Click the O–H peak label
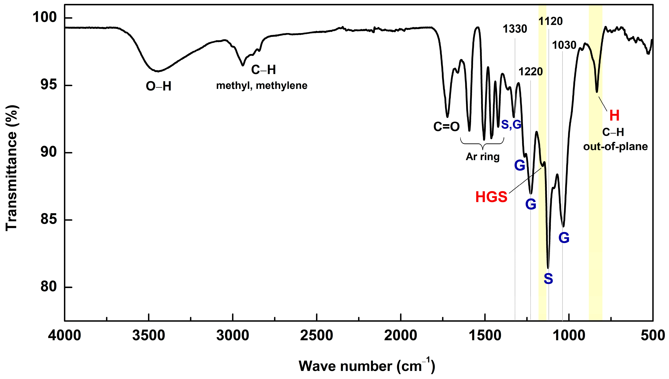click(158, 86)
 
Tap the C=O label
click(446, 127)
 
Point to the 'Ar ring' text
click(483, 157)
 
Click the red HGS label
click(491, 197)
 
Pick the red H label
click(614, 116)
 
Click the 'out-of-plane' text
click(615, 146)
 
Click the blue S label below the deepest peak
click(548, 279)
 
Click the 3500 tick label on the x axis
click(148, 336)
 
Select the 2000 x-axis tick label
click(401, 336)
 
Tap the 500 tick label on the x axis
click(653, 336)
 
